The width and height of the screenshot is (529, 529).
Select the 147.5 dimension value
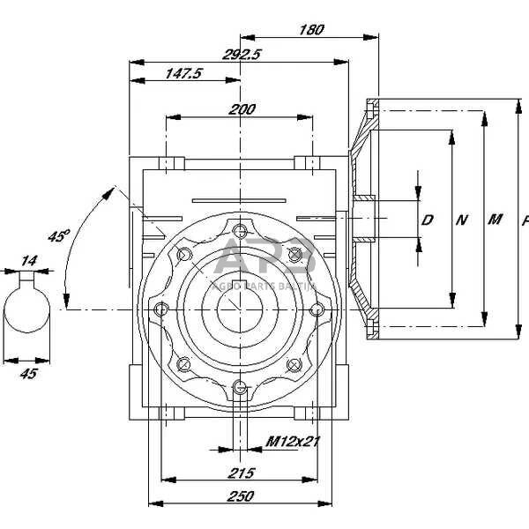click(x=183, y=74)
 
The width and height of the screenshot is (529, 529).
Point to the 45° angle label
click(x=58, y=236)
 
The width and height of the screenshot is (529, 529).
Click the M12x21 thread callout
click(x=292, y=440)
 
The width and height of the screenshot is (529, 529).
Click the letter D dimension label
click(x=428, y=220)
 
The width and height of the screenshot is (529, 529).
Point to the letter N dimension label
click(x=461, y=220)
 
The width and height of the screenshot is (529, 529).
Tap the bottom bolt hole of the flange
click(x=241, y=388)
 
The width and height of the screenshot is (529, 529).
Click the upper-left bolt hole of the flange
click(x=184, y=255)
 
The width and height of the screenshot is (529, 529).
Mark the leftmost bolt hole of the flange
click(x=162, y=310)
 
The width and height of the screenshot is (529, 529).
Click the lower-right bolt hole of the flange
click(x=296, y=364)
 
